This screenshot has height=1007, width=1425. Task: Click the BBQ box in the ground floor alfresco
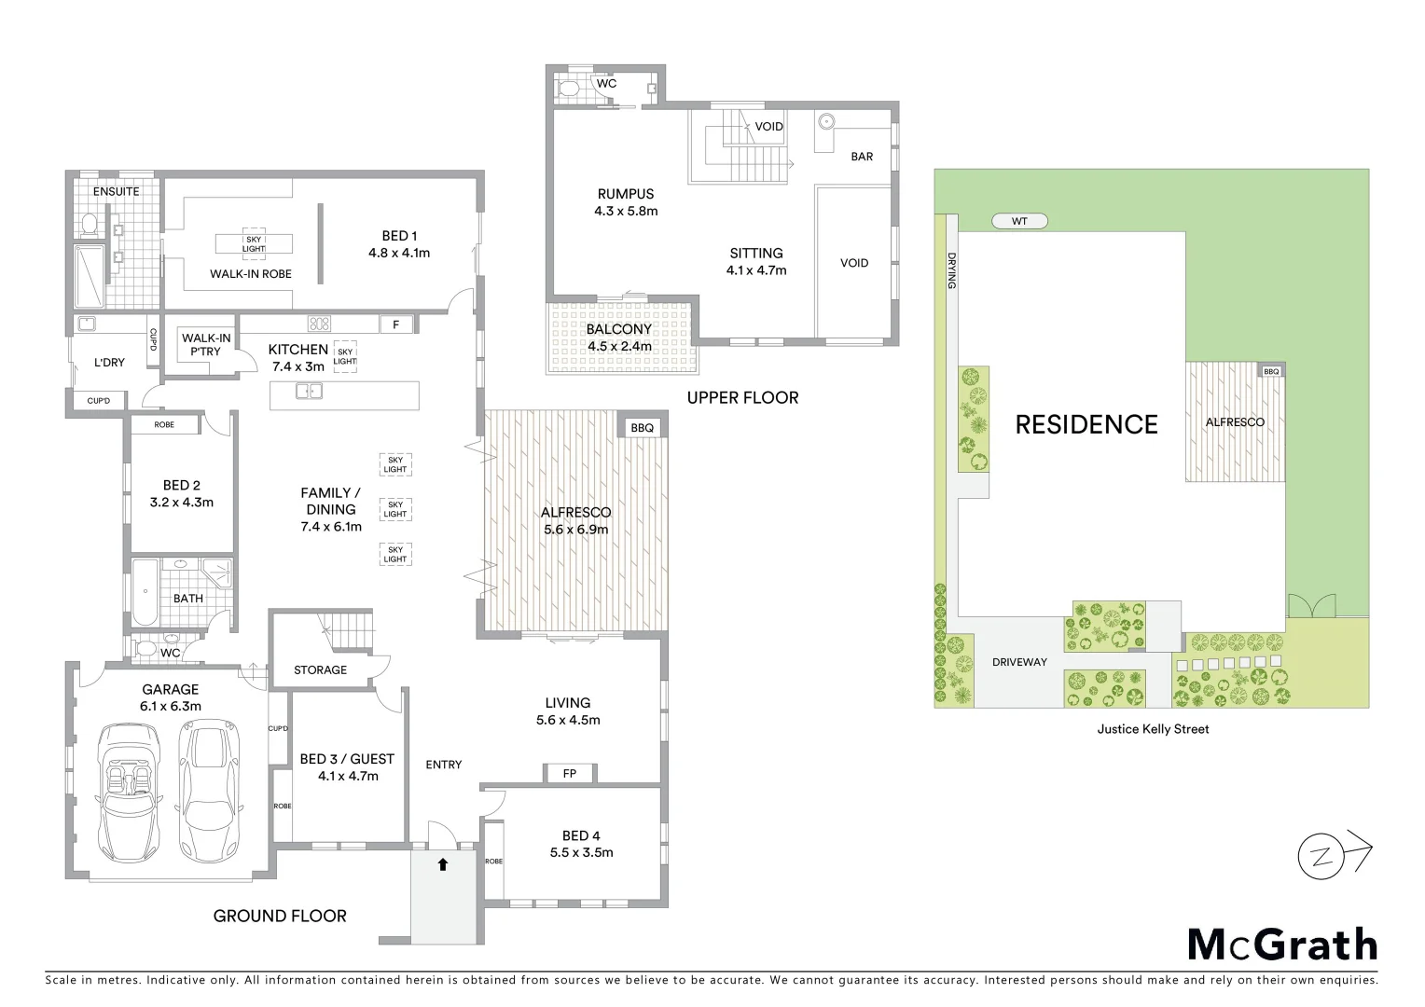[643, 428]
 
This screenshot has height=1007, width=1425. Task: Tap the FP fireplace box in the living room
[570, 773]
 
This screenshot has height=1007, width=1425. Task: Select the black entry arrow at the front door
[443, 864]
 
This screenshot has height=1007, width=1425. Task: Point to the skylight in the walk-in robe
[254, 243]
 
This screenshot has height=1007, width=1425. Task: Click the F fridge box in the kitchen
[396, 324]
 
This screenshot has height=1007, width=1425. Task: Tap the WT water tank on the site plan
[1019, 221]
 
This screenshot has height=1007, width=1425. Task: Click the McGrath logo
[1282, 945]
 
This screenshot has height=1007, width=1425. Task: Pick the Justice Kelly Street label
[1153, 729]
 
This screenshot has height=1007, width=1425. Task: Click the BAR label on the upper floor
[862, 157]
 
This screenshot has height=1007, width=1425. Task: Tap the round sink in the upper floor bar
[826, 122]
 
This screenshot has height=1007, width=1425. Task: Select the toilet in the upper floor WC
[570, 90]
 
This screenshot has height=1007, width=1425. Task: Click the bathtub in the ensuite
[90, 277]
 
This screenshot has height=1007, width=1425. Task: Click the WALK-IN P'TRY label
[206, 345]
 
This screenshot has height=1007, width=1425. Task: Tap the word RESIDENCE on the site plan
[1086, 425]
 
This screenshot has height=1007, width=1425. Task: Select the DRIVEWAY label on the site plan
[1019, 662]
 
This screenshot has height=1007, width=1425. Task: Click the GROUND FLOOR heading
[280, 916]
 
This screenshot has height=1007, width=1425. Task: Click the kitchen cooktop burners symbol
[320, 324]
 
